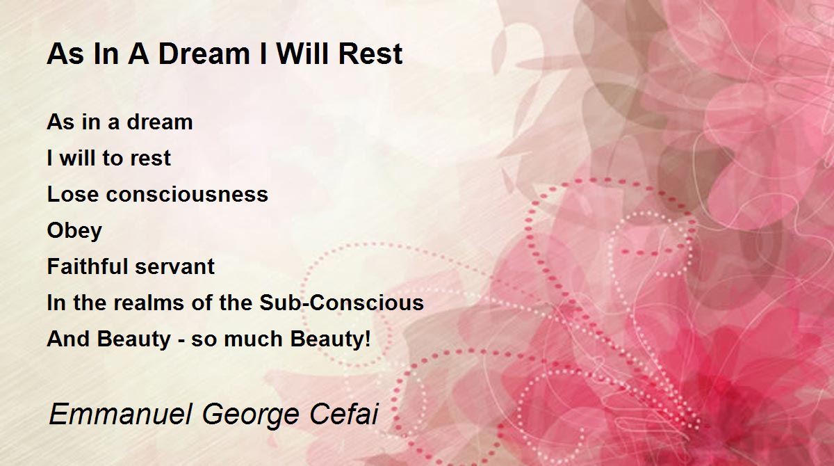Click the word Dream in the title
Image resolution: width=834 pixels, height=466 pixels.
pyautogui.click(x=204, y=54)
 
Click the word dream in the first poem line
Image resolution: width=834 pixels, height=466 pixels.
pyautogui.click(x=160, y=122)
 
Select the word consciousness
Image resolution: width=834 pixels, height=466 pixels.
pyautogui.click(x=187, y=194)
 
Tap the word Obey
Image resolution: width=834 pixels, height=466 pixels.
pyautogui.click(x=74, y=231)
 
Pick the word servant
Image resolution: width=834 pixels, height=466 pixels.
pyautogui.click(x=174, y=267)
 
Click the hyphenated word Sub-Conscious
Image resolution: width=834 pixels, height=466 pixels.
pyautogui.click(x=342, y=303)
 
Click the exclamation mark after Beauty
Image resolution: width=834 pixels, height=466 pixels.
pyautogui.click(x=368, y=339)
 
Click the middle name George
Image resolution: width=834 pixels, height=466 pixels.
pyautogui.click(x=251, y=416)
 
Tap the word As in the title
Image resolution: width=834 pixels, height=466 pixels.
pyautogui.click(x=65, y=54)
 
